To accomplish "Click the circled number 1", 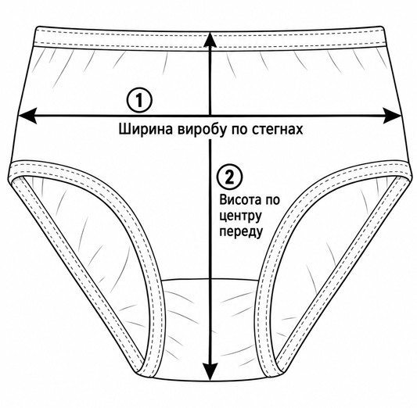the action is click(139, 100).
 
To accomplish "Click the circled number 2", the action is click(230, 177).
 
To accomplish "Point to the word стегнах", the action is click(278, 130).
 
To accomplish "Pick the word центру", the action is click(240, 217).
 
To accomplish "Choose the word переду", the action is click(241, 231).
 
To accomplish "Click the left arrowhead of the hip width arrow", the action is click(27, 116).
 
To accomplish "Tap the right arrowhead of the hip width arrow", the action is click(392, 116).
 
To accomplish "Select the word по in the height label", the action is click(271, 200).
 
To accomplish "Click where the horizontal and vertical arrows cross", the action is click(210, 116).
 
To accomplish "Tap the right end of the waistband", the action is click(384, 37).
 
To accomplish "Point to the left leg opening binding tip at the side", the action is click(11, 173).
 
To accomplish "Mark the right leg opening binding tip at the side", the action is click(406, 173).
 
